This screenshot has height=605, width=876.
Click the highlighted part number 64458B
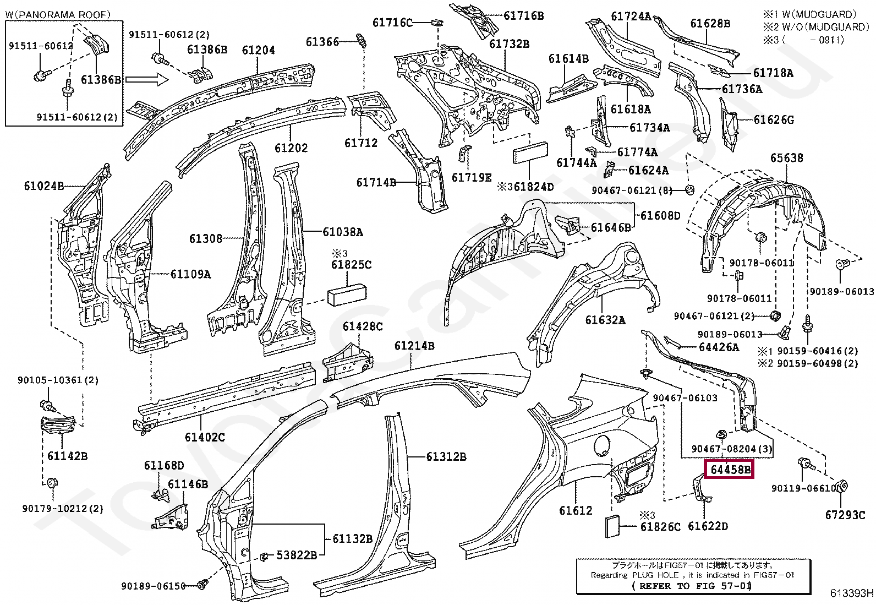pyautogui.click(x=730, y=470)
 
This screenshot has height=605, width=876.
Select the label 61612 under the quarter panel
pyautogui.click(x=576, y=510)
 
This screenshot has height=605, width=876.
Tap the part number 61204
pyautogui.click(x=258, y=51)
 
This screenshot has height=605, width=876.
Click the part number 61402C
pyautogui.click(x=204, y=437)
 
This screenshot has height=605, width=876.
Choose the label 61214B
pyautogui.click(x=414, y=346)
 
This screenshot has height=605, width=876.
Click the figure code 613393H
pyautogui.click(x=852, y=593)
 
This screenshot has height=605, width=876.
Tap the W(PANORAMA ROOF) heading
pyautogui.click(x=58, y=14)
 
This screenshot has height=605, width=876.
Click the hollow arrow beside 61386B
pyautogui.click(x=146, y=80)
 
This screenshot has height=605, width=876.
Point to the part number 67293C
pyautogui.click(x=845, y=515)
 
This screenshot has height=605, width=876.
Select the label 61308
pyautogui.click(x=206, y=238)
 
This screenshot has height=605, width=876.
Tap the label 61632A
pyautogui.click(x=605, y=319)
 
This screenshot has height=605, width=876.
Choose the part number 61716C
pyautogui.click(x=392, y=23)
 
